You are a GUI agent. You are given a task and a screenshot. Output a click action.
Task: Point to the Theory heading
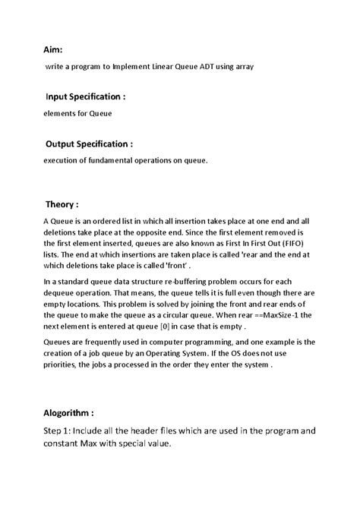click(x=62, y=205)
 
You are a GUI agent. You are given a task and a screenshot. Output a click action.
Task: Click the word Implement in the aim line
click(x=135, y=67)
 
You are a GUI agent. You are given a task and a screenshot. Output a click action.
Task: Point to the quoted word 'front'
click(x=170, y=267)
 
